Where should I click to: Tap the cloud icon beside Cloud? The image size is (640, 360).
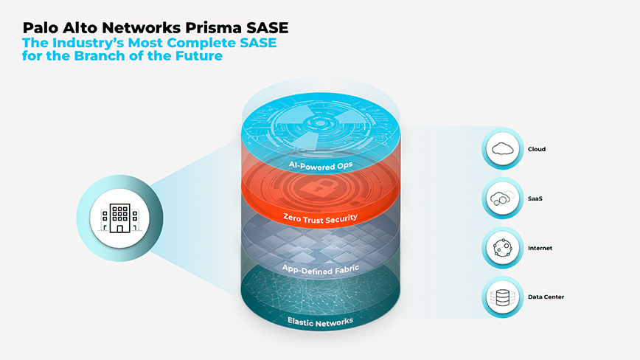click(x=503, y=148)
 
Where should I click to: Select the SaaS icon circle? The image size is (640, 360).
click(x=503, y=198)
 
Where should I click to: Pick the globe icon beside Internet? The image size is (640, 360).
click(x=503, y=248)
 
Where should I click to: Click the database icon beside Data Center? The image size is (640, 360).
click(x=503, y=297)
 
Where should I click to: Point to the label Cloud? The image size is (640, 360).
click(x=536, y=149)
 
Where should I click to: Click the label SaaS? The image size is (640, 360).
click(x=535, y=198)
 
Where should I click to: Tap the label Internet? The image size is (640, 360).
click(x=540, y=248)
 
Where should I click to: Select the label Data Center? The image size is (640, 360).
click(x=546, y=297)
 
